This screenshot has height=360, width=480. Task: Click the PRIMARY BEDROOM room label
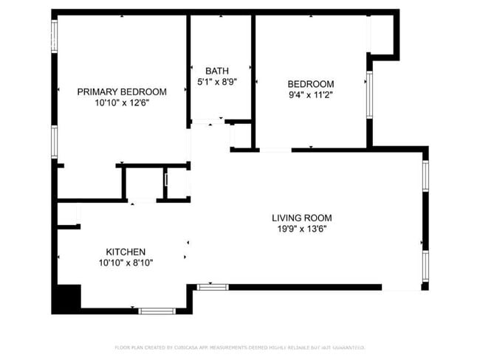(x=122, y=91)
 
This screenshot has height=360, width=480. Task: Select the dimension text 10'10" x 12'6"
(x=122, y=104)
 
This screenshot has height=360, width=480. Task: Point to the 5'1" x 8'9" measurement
(x=217, y=83)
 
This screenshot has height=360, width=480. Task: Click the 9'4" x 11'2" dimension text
(x=310, y=96)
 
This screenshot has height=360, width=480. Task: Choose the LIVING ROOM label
(x=301, y=218)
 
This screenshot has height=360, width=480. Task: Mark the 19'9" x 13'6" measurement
(x=301, y=229)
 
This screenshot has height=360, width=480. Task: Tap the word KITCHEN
(x=125, y=252)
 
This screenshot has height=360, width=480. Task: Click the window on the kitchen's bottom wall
(x=157, y=311)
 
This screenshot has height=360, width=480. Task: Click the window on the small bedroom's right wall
(x=369, y=93)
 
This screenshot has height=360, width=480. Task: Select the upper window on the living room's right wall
(x=425, y=176)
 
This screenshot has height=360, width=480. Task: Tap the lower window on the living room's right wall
(x=425, y=268)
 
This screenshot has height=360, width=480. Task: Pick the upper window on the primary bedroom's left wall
(x=55, y=35)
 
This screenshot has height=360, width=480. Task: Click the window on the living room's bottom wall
(x=213, y=286)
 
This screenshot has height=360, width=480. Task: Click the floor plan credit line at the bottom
(x=239, y=347)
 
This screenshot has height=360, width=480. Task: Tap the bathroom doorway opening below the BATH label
(x=208, y=122)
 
